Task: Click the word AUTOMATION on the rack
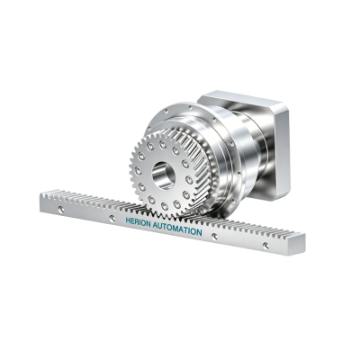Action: pos(177,228)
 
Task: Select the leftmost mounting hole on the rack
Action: pos(61,209)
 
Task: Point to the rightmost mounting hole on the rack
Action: pos(265,246)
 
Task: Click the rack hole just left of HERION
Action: pos(112,218)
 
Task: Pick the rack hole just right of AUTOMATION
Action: pos(214,237)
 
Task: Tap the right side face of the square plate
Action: pos(282,153)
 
